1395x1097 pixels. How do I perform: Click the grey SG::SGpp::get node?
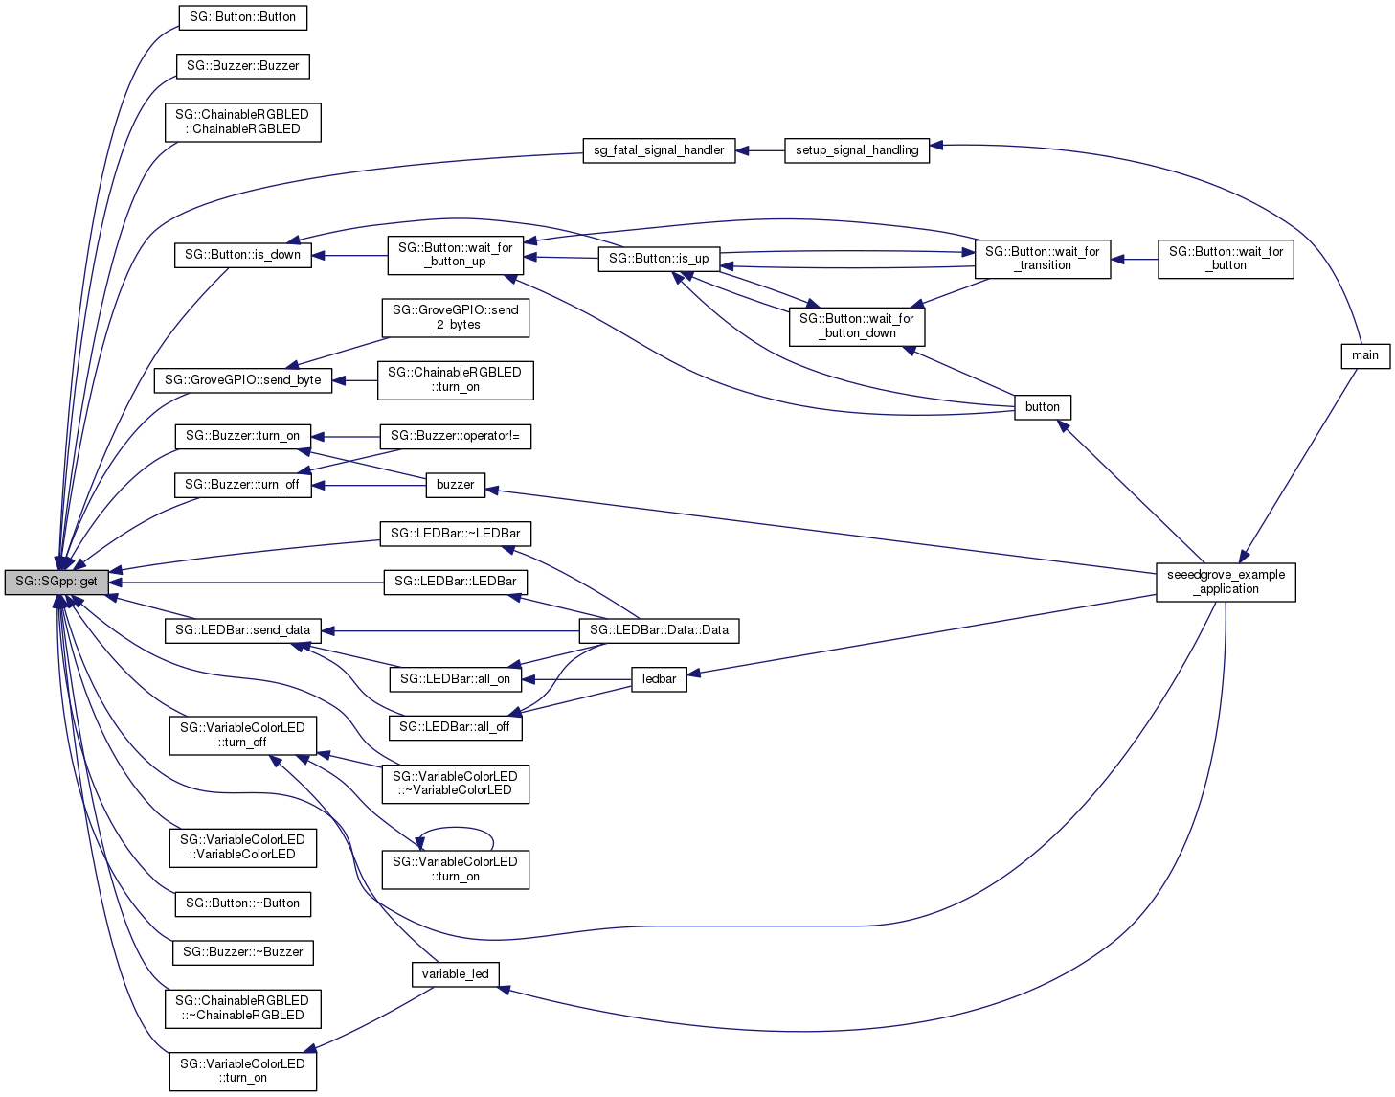coord(56,582)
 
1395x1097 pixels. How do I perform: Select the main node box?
coord(1364,355)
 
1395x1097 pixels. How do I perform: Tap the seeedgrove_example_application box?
coord(1226,582)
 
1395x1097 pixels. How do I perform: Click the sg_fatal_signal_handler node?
coord(659,150)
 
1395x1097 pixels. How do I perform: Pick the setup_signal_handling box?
coord(856,150)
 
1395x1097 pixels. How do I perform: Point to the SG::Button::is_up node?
coord(659,259)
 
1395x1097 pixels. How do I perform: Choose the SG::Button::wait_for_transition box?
coord(1042,259)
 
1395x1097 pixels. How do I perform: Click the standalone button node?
coord(1042,407)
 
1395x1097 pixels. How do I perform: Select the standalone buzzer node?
coord(455,485)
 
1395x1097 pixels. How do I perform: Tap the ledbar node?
coord(659,679)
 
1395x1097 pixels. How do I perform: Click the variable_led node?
coord(455,974)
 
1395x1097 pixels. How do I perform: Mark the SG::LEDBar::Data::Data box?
coord(659,630)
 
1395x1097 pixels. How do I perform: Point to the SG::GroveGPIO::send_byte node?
coord(242,380)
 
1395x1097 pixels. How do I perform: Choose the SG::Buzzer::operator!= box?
coord(455,436)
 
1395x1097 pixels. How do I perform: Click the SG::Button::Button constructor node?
coord(242,17)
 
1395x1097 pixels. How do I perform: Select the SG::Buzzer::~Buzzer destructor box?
coord(242,952)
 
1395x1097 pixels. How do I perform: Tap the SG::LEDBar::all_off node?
coord(455,727)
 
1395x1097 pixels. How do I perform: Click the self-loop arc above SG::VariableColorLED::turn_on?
coord(456,831)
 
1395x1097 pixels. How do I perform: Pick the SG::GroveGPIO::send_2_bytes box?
coord(455,318)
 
